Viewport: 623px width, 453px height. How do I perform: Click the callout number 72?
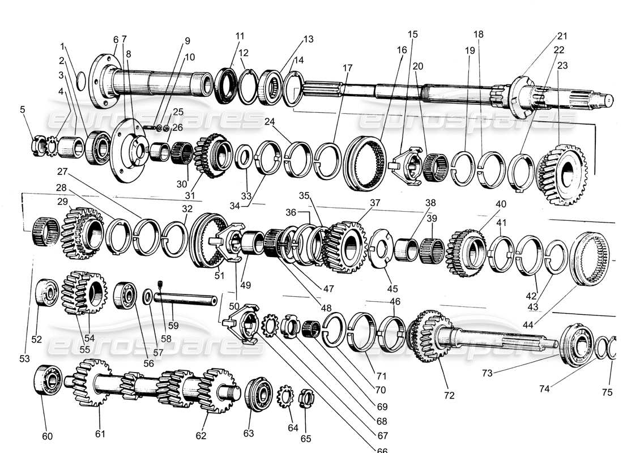[x=449, y=395]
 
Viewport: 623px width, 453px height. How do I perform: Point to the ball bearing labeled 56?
[x=125, y=295]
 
